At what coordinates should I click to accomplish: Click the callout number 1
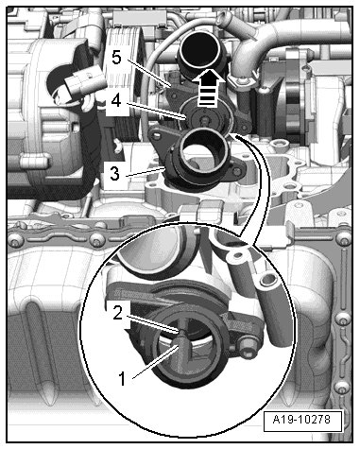coord(122,378)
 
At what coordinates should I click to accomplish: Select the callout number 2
coord(117,313)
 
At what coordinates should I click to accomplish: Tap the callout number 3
coord(114,173)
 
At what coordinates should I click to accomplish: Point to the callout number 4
coord(116,100)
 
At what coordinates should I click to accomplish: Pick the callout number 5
coord(116,58)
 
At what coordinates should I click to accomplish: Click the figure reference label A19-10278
coord(301,420)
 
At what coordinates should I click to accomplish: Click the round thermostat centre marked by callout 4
coord(205,119)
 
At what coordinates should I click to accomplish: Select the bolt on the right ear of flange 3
coord(237,171)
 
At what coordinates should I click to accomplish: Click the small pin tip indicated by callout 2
coord(180,332)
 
